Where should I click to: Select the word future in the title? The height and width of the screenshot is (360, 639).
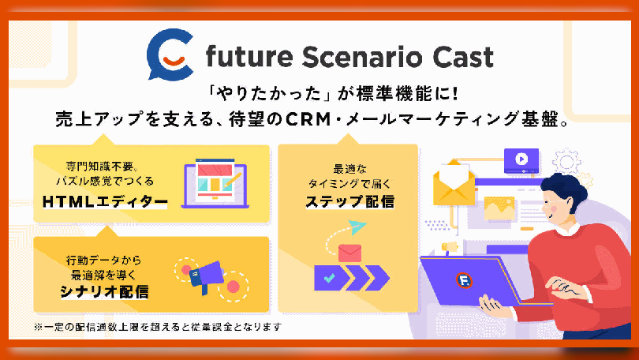click(249, 57)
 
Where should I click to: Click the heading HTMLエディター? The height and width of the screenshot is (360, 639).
click(105, 201)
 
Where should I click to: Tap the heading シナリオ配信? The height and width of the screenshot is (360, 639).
click(104, 291)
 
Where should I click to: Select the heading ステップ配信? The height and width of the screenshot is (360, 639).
click(350, 201)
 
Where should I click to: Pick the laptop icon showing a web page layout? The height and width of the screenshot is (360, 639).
click(215, 183)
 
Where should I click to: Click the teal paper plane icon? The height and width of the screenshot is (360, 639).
click(357, 227)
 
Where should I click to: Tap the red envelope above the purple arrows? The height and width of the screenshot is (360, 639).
click(349, 253)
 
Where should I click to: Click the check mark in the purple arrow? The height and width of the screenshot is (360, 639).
click(329, 278)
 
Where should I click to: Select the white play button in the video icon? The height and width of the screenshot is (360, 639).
click(521, 159)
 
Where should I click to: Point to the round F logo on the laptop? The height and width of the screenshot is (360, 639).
click(464, 280)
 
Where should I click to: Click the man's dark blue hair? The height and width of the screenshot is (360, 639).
click(566, 187)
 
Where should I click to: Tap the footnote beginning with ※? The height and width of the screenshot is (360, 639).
click(158, 327)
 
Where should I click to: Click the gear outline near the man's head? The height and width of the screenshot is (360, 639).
click(566, 162)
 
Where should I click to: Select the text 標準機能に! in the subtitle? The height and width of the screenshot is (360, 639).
click(408, 94)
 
